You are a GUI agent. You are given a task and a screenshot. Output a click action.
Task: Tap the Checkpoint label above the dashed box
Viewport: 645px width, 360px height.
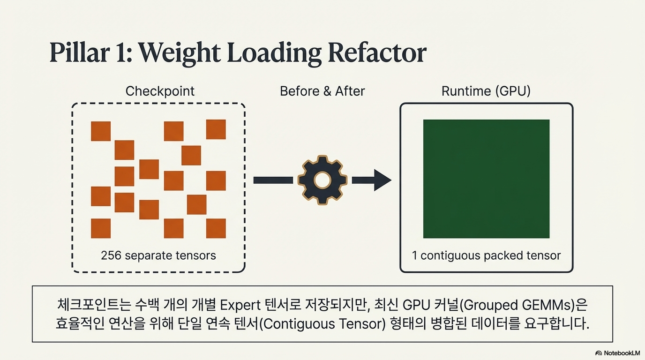(160, 91)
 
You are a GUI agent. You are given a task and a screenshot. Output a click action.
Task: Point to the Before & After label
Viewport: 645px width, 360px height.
(322, 91)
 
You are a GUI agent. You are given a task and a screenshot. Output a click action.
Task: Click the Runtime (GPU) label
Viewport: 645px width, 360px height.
(486, 91)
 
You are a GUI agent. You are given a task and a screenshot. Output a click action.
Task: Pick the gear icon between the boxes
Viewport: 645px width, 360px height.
(322, 180)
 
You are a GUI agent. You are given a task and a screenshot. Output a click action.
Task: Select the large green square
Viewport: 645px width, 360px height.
(486, 179)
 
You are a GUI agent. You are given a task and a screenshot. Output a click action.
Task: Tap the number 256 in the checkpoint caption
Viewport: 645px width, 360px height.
(111, 255)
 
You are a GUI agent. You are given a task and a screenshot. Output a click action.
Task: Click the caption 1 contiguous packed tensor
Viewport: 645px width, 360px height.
(486, 255)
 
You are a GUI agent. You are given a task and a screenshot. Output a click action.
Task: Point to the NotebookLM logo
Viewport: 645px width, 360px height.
(617, 352)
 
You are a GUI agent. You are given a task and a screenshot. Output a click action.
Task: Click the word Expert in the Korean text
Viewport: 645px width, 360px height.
(240, 305)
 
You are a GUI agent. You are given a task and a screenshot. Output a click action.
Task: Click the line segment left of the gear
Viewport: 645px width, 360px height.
(272, 180)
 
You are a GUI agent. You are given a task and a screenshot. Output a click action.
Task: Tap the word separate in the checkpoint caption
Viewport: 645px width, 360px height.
(152, 255)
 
